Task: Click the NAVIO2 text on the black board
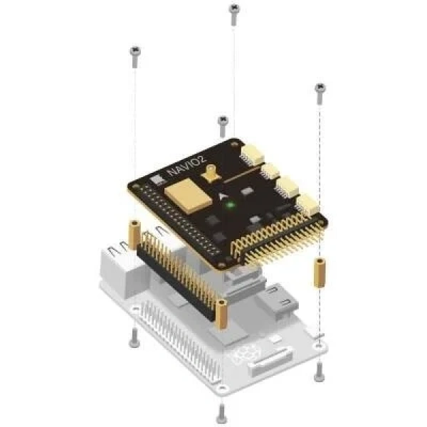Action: pyautogui.click(x=186, y=166)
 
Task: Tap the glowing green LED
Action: pyautogui.click(x=231, y=205)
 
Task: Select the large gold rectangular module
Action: pyautogui.click(x=188, y=196)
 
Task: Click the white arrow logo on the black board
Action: pyautogui.click(x=222, y=196)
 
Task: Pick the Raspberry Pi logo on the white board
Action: pyautogui.click(x=244, y=353)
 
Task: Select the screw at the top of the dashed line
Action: pyautogui.click(x=320, y=94)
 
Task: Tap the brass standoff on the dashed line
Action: pyautogui.click(x=320, y=273)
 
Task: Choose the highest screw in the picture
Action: pyautogui.click(x=233, y=14)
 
